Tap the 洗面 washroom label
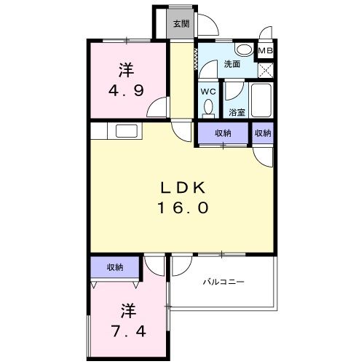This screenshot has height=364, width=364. tap(232, 63)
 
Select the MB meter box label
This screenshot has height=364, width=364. tap(266, 51)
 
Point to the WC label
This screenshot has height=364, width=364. tap(207, 92)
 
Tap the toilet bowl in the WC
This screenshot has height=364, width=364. tap(209, 108)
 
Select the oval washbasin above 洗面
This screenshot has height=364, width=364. tap(245, 50)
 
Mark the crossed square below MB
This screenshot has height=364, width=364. tap(266, 71)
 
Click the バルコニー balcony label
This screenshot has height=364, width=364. tap(223, 282)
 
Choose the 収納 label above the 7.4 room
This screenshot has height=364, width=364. tap(114, 267)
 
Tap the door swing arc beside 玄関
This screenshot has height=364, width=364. tap(209, 25)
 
